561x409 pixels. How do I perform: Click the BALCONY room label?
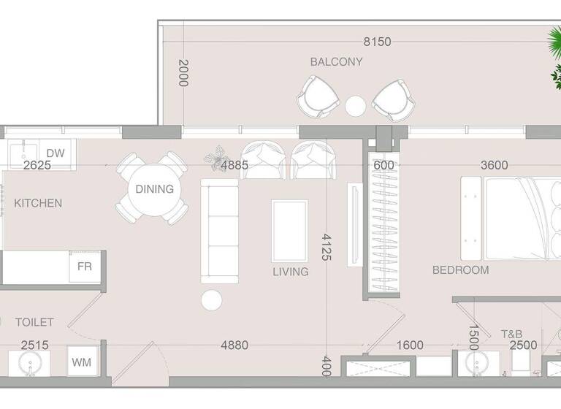[336, 62]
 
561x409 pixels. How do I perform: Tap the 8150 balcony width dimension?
[377, 42]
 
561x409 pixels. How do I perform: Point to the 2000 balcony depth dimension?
[183, 73]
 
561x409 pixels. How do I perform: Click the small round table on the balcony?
[356, 107]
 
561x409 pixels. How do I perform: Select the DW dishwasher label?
[56, 153]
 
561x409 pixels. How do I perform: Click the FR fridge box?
[85, 267]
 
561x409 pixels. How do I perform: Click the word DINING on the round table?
[155, 189]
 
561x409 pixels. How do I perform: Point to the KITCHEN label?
[38, 203]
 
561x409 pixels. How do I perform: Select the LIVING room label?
[291, 272]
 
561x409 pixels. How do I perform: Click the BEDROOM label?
[460, 270]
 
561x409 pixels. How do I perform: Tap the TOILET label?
[34, 322]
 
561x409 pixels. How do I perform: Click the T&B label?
[511, 334]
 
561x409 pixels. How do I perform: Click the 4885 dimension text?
[234, 165]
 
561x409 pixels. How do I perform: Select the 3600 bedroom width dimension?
[494, 165]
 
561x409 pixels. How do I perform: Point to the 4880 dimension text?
[234, 345]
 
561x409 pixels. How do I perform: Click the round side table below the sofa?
[212, 300]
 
